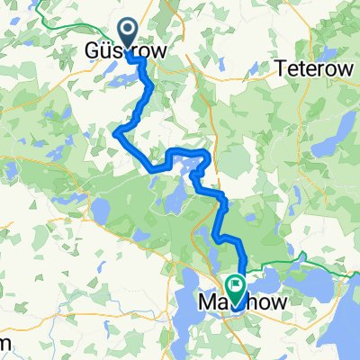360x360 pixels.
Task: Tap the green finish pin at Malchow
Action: [x=236, y=287]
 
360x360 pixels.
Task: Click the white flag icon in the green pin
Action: [x=236, y=285]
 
